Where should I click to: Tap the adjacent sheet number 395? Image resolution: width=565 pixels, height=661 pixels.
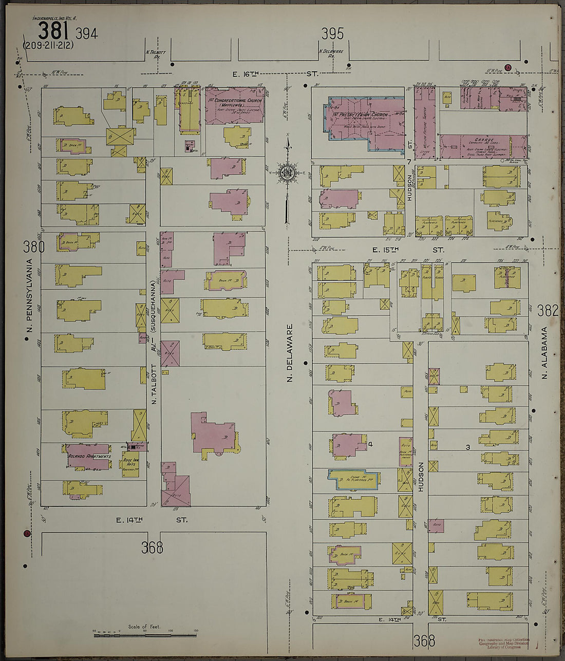[332, 34]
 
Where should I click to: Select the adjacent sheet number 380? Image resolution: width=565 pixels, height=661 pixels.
[33, 247]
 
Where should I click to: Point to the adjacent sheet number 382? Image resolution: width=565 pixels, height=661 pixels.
[548, 310]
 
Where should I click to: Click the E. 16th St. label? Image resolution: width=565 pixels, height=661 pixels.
[275, 74]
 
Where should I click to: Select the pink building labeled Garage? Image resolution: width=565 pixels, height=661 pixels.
[483, 146]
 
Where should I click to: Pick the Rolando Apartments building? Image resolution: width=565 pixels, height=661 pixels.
[88, 457]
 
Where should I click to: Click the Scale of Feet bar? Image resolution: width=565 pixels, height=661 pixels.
[145, 635]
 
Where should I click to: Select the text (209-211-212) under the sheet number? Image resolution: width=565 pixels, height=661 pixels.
[48, 45]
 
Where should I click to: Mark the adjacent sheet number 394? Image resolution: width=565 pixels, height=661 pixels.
[86, 34]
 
